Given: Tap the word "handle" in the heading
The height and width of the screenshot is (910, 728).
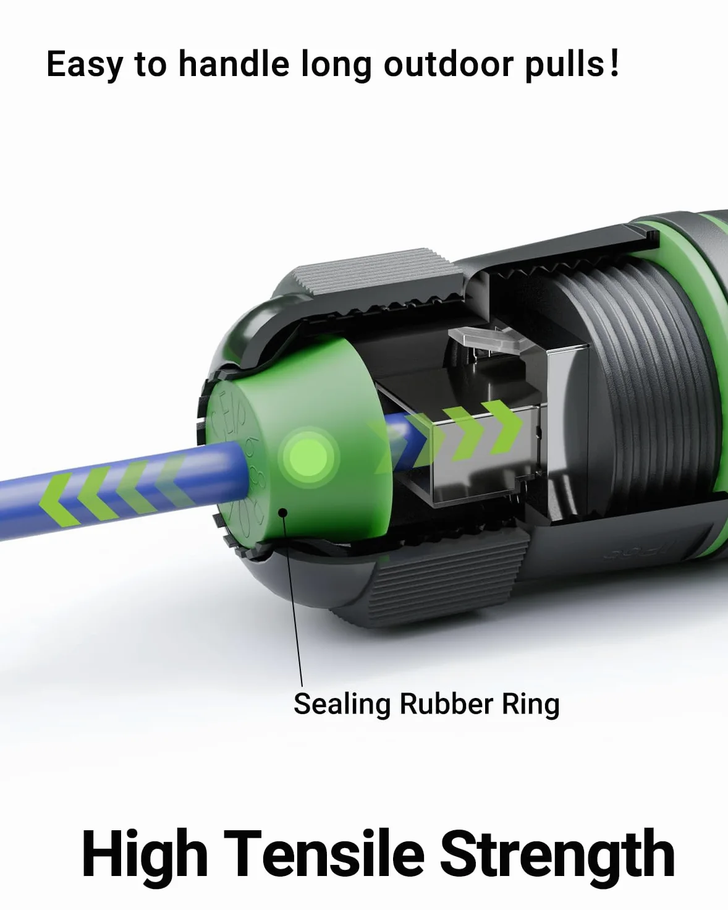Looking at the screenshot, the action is click(234, 64).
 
